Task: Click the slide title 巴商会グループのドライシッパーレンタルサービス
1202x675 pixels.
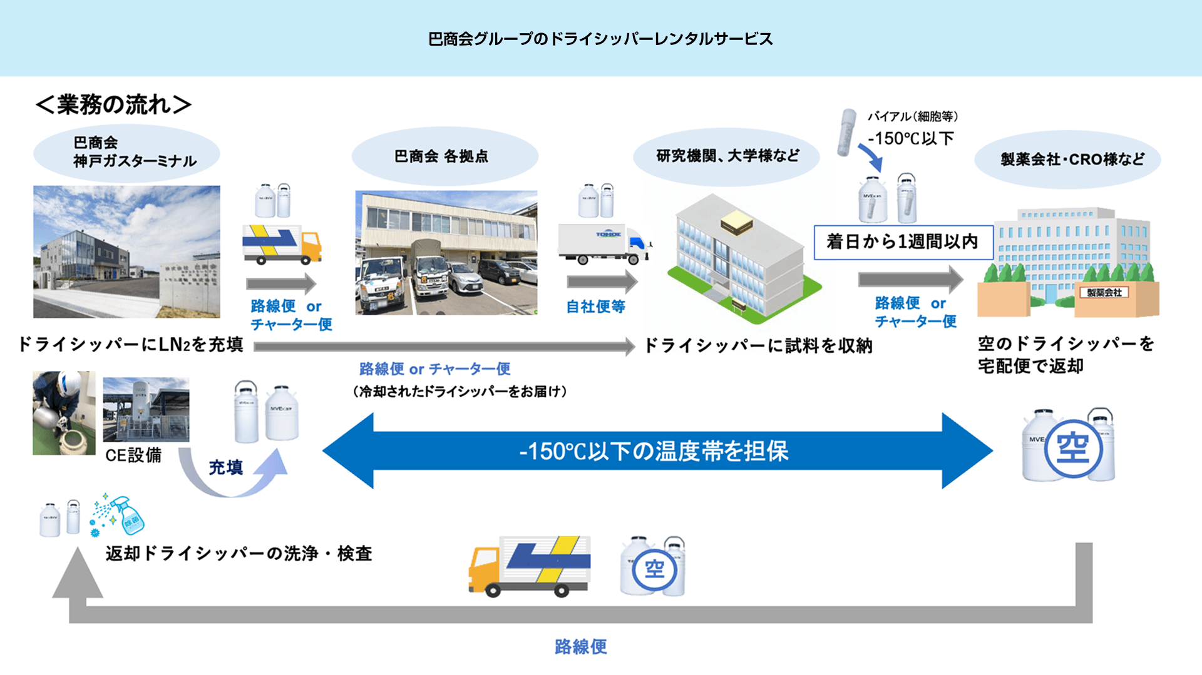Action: pos(600,39)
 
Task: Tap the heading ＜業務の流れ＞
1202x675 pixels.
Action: pos(113,104)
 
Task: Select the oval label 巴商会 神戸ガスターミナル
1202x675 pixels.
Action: pos(126,152)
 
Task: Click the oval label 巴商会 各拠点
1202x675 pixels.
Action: pos(444,156)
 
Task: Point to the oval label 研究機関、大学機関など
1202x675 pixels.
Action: pos(727,156)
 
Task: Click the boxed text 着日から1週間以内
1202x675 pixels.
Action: pos(903,241)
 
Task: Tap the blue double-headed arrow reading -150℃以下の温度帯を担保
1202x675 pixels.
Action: pos(655,450)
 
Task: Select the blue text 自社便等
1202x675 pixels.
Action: pos(595,307)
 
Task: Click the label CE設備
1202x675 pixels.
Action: pos(133,455)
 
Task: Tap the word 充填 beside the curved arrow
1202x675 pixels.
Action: pos(225,467)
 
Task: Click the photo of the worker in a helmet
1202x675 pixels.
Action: pos(64,413)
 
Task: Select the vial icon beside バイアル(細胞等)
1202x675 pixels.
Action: pos(847,132)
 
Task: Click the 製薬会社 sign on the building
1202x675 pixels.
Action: pos(1104,293)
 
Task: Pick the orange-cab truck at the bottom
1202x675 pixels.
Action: pos(529,566)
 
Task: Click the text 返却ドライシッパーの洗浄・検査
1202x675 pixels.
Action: pos(239,554)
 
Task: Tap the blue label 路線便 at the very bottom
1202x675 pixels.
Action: pos(580,647)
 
